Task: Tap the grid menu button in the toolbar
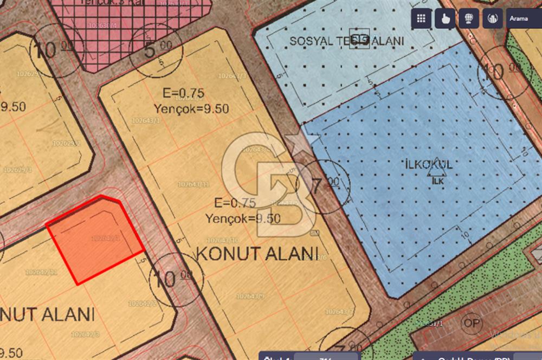421,18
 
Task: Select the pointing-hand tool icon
445,18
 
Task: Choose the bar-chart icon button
492,18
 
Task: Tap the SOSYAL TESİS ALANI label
347,41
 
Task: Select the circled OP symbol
472,323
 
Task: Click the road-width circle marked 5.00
156,50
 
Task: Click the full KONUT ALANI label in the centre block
256,254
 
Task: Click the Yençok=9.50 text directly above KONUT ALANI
243,219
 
